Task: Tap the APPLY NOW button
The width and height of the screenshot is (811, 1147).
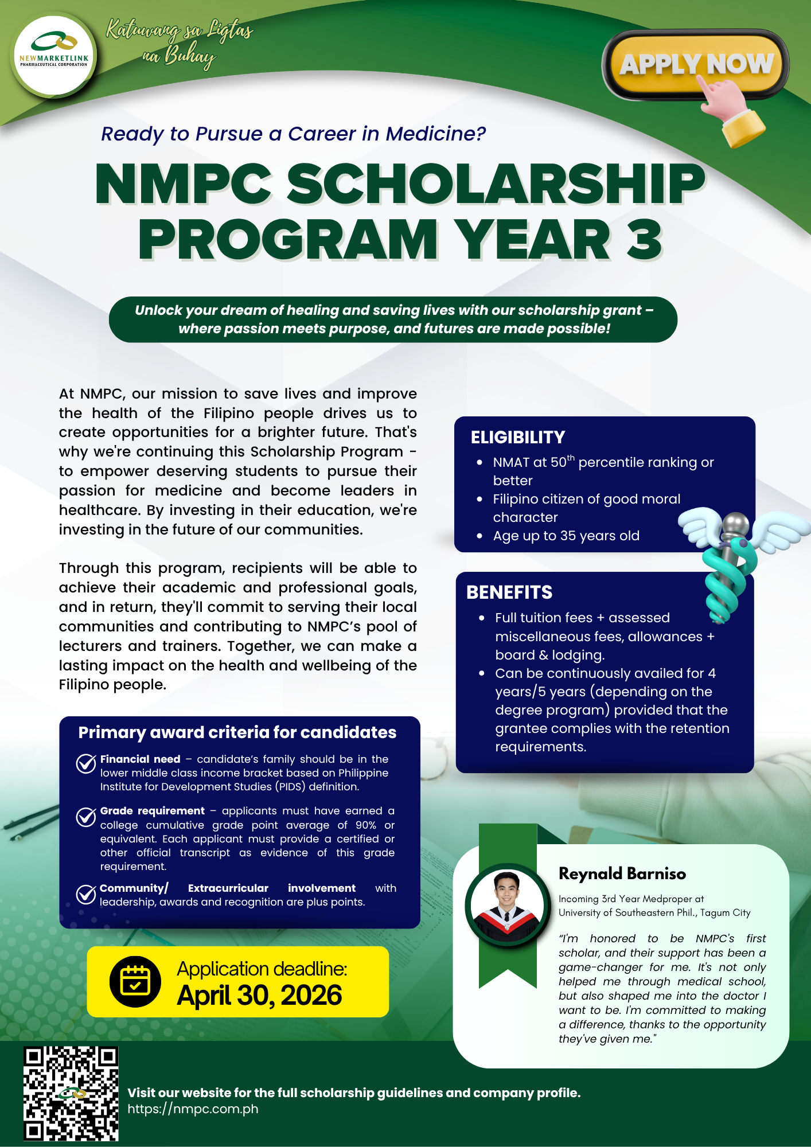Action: pyautogui.click(x=695, y=64)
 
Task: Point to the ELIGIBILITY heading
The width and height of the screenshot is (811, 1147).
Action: pyautogui.click(x=518, y=438)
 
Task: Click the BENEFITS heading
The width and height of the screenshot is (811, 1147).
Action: pyautogui.click(x=509, y=592)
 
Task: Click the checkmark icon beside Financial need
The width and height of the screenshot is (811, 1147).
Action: pyautogui.click(x=86, y=763)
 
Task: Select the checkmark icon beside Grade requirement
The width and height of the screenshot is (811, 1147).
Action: pyautogui.click(x=86, y=817)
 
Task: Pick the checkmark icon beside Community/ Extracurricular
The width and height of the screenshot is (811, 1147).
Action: pyautogui.click(x=86, y=894)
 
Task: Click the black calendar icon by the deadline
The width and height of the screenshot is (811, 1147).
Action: pyautogui.click(x=135, y=981)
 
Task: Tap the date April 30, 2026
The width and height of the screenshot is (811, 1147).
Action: pyautogui.click(x=259, y=996)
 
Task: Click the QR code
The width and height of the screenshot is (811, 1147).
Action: pyautogui.click(x=71, y=1093)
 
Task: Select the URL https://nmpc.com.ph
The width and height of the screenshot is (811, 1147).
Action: pyautogui.click(x=193, y=1109)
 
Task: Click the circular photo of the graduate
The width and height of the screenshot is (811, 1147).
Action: pyautogui.click(x=507, y=906)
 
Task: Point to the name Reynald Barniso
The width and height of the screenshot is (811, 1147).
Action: pyautogui.click(x=622, y=874)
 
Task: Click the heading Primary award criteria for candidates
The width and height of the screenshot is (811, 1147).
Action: pyautogui.click(x=237, y=732)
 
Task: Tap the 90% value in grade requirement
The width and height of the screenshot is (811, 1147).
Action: pyautogui.click(x=365, y=825)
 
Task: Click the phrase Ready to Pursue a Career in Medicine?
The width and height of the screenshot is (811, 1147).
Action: pyautogui.click(x=293, y=134)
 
